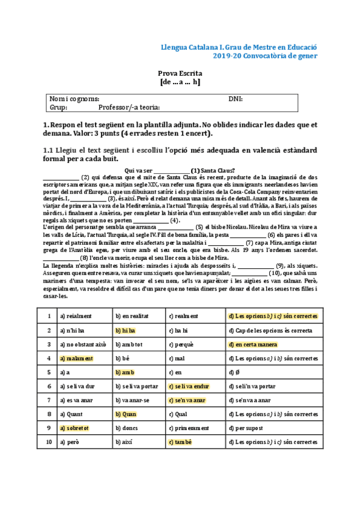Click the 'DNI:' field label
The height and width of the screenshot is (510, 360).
pos(236,99)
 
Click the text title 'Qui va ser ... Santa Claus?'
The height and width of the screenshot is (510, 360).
pos(180,170)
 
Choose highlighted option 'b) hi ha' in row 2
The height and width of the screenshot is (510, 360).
pos(126,330)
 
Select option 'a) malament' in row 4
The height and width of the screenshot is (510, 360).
pos(76,358)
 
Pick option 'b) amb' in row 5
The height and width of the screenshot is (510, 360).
pos(124,372)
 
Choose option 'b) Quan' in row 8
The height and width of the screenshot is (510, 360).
pos(126,414)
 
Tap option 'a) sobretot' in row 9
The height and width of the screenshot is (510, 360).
pos(75,428)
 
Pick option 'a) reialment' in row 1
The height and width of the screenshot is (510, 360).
pos(76,316)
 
